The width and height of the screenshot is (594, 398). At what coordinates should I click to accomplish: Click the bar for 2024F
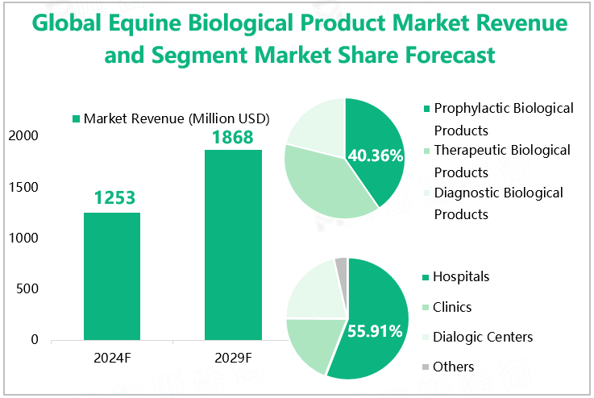[x=112, y=276]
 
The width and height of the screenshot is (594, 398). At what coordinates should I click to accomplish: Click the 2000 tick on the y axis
[x=24, y=136]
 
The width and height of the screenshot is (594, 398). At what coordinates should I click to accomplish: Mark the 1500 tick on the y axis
[x=24, y=187]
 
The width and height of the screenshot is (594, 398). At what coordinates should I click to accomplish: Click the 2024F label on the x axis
[x=112, y=357]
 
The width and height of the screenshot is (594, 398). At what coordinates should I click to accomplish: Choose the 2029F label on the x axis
[x=233, y=357]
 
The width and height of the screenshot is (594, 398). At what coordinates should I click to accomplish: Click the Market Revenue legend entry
[x=171, y=118]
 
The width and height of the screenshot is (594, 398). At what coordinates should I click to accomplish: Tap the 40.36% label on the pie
[x=375, y=155]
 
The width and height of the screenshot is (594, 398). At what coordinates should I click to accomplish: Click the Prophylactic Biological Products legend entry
[x=502, y=118]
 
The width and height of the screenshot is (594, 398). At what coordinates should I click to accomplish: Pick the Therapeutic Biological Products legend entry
[x=501, y=160]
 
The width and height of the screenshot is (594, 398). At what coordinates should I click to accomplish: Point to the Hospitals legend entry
[x=460, y=276]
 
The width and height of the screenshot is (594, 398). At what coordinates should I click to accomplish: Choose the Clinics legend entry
[x=451, y=307]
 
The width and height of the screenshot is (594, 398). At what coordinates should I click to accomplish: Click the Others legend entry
[x=453, y=367]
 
